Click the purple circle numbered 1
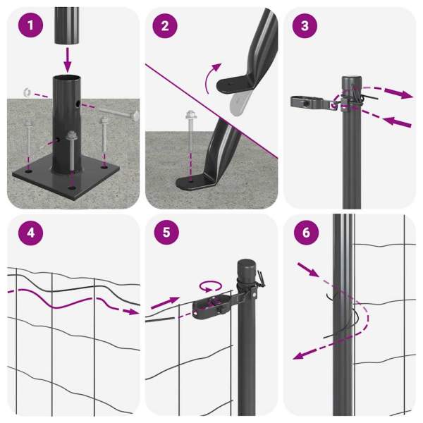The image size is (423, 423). click(30, 25)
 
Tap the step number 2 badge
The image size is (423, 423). click(165, 26)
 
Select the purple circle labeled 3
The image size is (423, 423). click(305, 26)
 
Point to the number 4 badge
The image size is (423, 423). click(30, 233)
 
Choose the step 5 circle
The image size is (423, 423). click(166, 232)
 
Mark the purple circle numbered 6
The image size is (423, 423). click(306, 233)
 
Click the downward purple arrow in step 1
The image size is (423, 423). click(68, 60)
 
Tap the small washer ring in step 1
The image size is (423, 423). click(27, 92)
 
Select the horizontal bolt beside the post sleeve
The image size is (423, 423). click(118, 112)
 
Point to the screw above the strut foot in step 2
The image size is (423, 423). click(190, 127)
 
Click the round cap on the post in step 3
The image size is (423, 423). click(352, 82)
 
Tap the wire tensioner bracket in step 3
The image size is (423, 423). click(313, 102)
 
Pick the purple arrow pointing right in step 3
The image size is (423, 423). click(398, 93)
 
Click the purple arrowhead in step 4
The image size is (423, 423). click(132, 312)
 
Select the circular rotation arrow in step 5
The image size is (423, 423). click(211, 286)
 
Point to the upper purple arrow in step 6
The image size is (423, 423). click(307, 270)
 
